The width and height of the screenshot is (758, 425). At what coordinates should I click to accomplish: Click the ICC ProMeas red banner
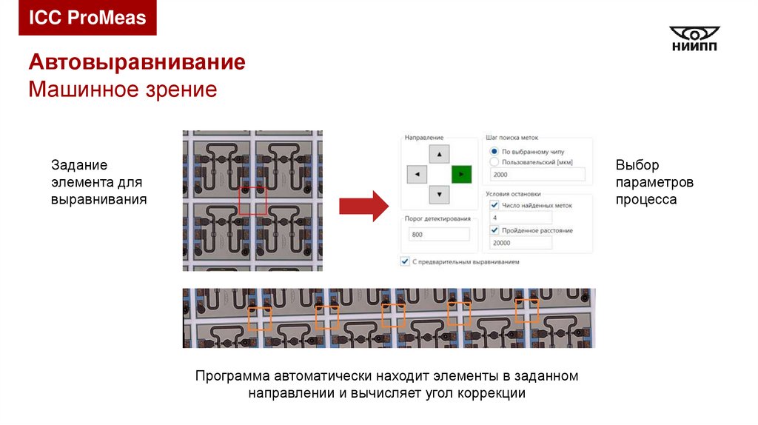(x=87, y=18)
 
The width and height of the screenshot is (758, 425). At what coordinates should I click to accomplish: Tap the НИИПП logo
(x=694, y=39)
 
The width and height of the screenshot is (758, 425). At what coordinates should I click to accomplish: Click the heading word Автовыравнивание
(x=137, y=62)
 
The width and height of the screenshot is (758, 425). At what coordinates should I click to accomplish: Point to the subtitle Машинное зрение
(x=122, y=90)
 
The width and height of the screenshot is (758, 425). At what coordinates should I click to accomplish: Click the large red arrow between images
(x=363, y=205)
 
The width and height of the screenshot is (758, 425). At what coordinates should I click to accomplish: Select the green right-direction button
(x=461, y=175)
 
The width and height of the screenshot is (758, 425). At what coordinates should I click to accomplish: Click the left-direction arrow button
(x=417, y=175)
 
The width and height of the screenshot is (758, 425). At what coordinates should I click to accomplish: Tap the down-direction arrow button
(x=440, y=195)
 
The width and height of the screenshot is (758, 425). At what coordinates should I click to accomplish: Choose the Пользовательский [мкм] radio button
(x=494, y=161)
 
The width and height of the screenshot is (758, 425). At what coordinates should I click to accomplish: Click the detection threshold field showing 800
(x=439, y=235)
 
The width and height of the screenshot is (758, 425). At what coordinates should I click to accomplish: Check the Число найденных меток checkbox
(x=494, y=205)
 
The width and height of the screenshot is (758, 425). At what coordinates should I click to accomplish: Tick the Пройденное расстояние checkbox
(x=494, y=230)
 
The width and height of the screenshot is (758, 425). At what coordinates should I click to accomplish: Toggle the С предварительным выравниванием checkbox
(x=404, y=261)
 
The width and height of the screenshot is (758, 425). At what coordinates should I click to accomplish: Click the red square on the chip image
(x=252, y=201)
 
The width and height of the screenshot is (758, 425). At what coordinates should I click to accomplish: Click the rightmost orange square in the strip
(x=527, y=309)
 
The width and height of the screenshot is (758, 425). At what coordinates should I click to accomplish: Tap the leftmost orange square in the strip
(x=259, y=318)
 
